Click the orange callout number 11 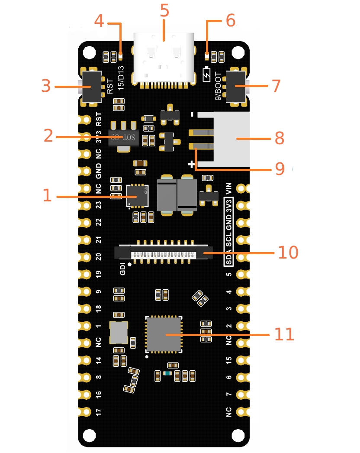pos(284,334)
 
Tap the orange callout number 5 pos(164,11)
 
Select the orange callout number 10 pos(288,252)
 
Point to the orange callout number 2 pos(48,136)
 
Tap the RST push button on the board pos(91,87)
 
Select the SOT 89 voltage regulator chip pos(124,136)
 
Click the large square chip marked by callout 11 pos(164,334)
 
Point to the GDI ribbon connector pos(164,252)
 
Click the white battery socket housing pos(231,140)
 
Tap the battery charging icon pos(207,74)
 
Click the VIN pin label pos(229,188)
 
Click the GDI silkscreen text pos(123,269)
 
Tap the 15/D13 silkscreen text pos(121,78)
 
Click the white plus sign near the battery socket pos(191,165)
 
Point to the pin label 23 pos(99,205)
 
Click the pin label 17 pos(99,412)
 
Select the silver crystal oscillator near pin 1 pos(119,333)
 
